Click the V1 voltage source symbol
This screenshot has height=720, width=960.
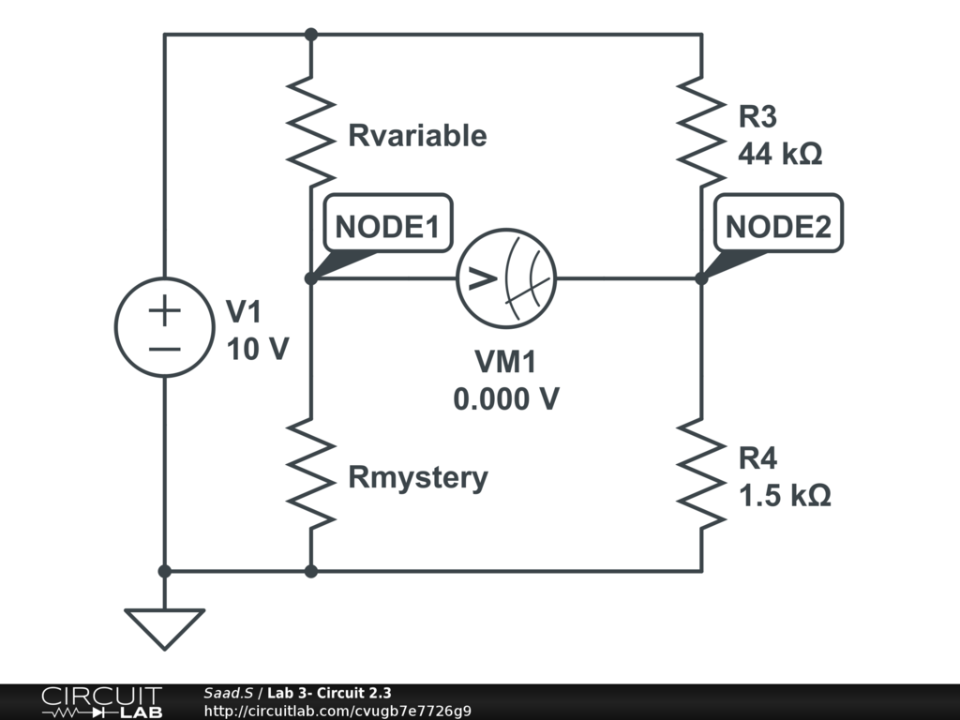click(x=165, y=327)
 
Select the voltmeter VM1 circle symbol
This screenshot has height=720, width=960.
click(x=506, y=277)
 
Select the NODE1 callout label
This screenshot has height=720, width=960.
click(x=387, y=226)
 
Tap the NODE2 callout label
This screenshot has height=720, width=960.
click(x=778, y=226)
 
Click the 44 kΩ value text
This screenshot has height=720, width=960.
click(x=780, y=154)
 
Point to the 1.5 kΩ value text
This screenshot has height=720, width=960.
click(x=784, y=495)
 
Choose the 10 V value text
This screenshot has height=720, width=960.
click(x=257, y=349)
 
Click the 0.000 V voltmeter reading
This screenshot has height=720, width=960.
click(x=506, y=398)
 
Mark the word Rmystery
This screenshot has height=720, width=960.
click(x=418, y=477)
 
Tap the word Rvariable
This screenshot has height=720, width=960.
click(x=417, y=136)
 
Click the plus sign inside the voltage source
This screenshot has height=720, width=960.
click(x=165, y=310)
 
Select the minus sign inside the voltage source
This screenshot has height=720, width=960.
click(x=165, y=349)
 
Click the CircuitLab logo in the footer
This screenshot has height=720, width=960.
click(x=101, y=702)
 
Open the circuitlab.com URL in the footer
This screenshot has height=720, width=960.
click(x=337, y=711)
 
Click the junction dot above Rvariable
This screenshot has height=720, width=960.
click(x=311, y=35)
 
